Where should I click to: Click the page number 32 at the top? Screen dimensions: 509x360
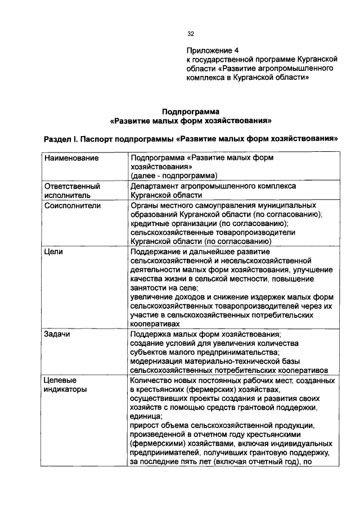point(191,34)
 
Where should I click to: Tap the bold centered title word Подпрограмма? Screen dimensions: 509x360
point(191,111)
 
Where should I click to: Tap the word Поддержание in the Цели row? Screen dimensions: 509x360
point(154,252)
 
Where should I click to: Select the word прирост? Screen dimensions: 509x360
point(144,426)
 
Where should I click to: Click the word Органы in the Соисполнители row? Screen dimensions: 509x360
point(143,206)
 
